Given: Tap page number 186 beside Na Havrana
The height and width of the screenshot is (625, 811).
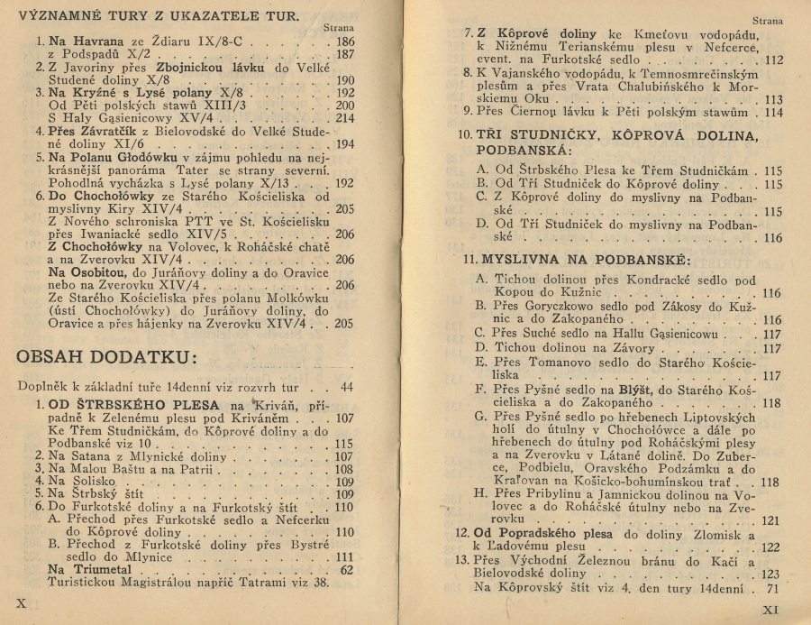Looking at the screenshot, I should (344, 41).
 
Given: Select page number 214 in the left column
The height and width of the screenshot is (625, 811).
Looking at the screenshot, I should (344, 117).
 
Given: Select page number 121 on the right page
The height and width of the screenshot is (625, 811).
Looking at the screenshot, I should (770, 520).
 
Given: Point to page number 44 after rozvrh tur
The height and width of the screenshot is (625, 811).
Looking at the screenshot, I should (347, 386).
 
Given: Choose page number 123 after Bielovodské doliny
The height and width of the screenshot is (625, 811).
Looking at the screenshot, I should (770, 574).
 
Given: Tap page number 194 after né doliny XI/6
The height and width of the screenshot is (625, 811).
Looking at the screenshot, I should (344, 143).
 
